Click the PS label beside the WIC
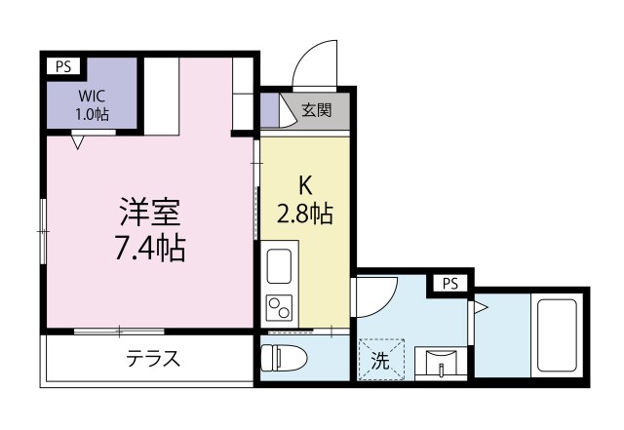pos(63,66)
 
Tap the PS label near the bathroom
pos(450,284)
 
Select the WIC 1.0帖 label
pos(92,105)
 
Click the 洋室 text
pos(150,212)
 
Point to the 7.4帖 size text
pos(150,248)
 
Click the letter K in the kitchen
pos(305,185)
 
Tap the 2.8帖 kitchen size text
pos(305,214)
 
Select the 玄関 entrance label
pos(317,110)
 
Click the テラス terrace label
pos(153,359)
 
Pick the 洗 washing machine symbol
pos(381,360)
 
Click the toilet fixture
pos(284,357)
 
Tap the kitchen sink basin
pos(280,266)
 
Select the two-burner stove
pos(280,308)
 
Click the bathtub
pos(557,335)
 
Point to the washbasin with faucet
pos(441,363)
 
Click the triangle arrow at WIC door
pos(78,142)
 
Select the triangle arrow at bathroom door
pos(481,307)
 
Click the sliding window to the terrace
pos(119,331)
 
